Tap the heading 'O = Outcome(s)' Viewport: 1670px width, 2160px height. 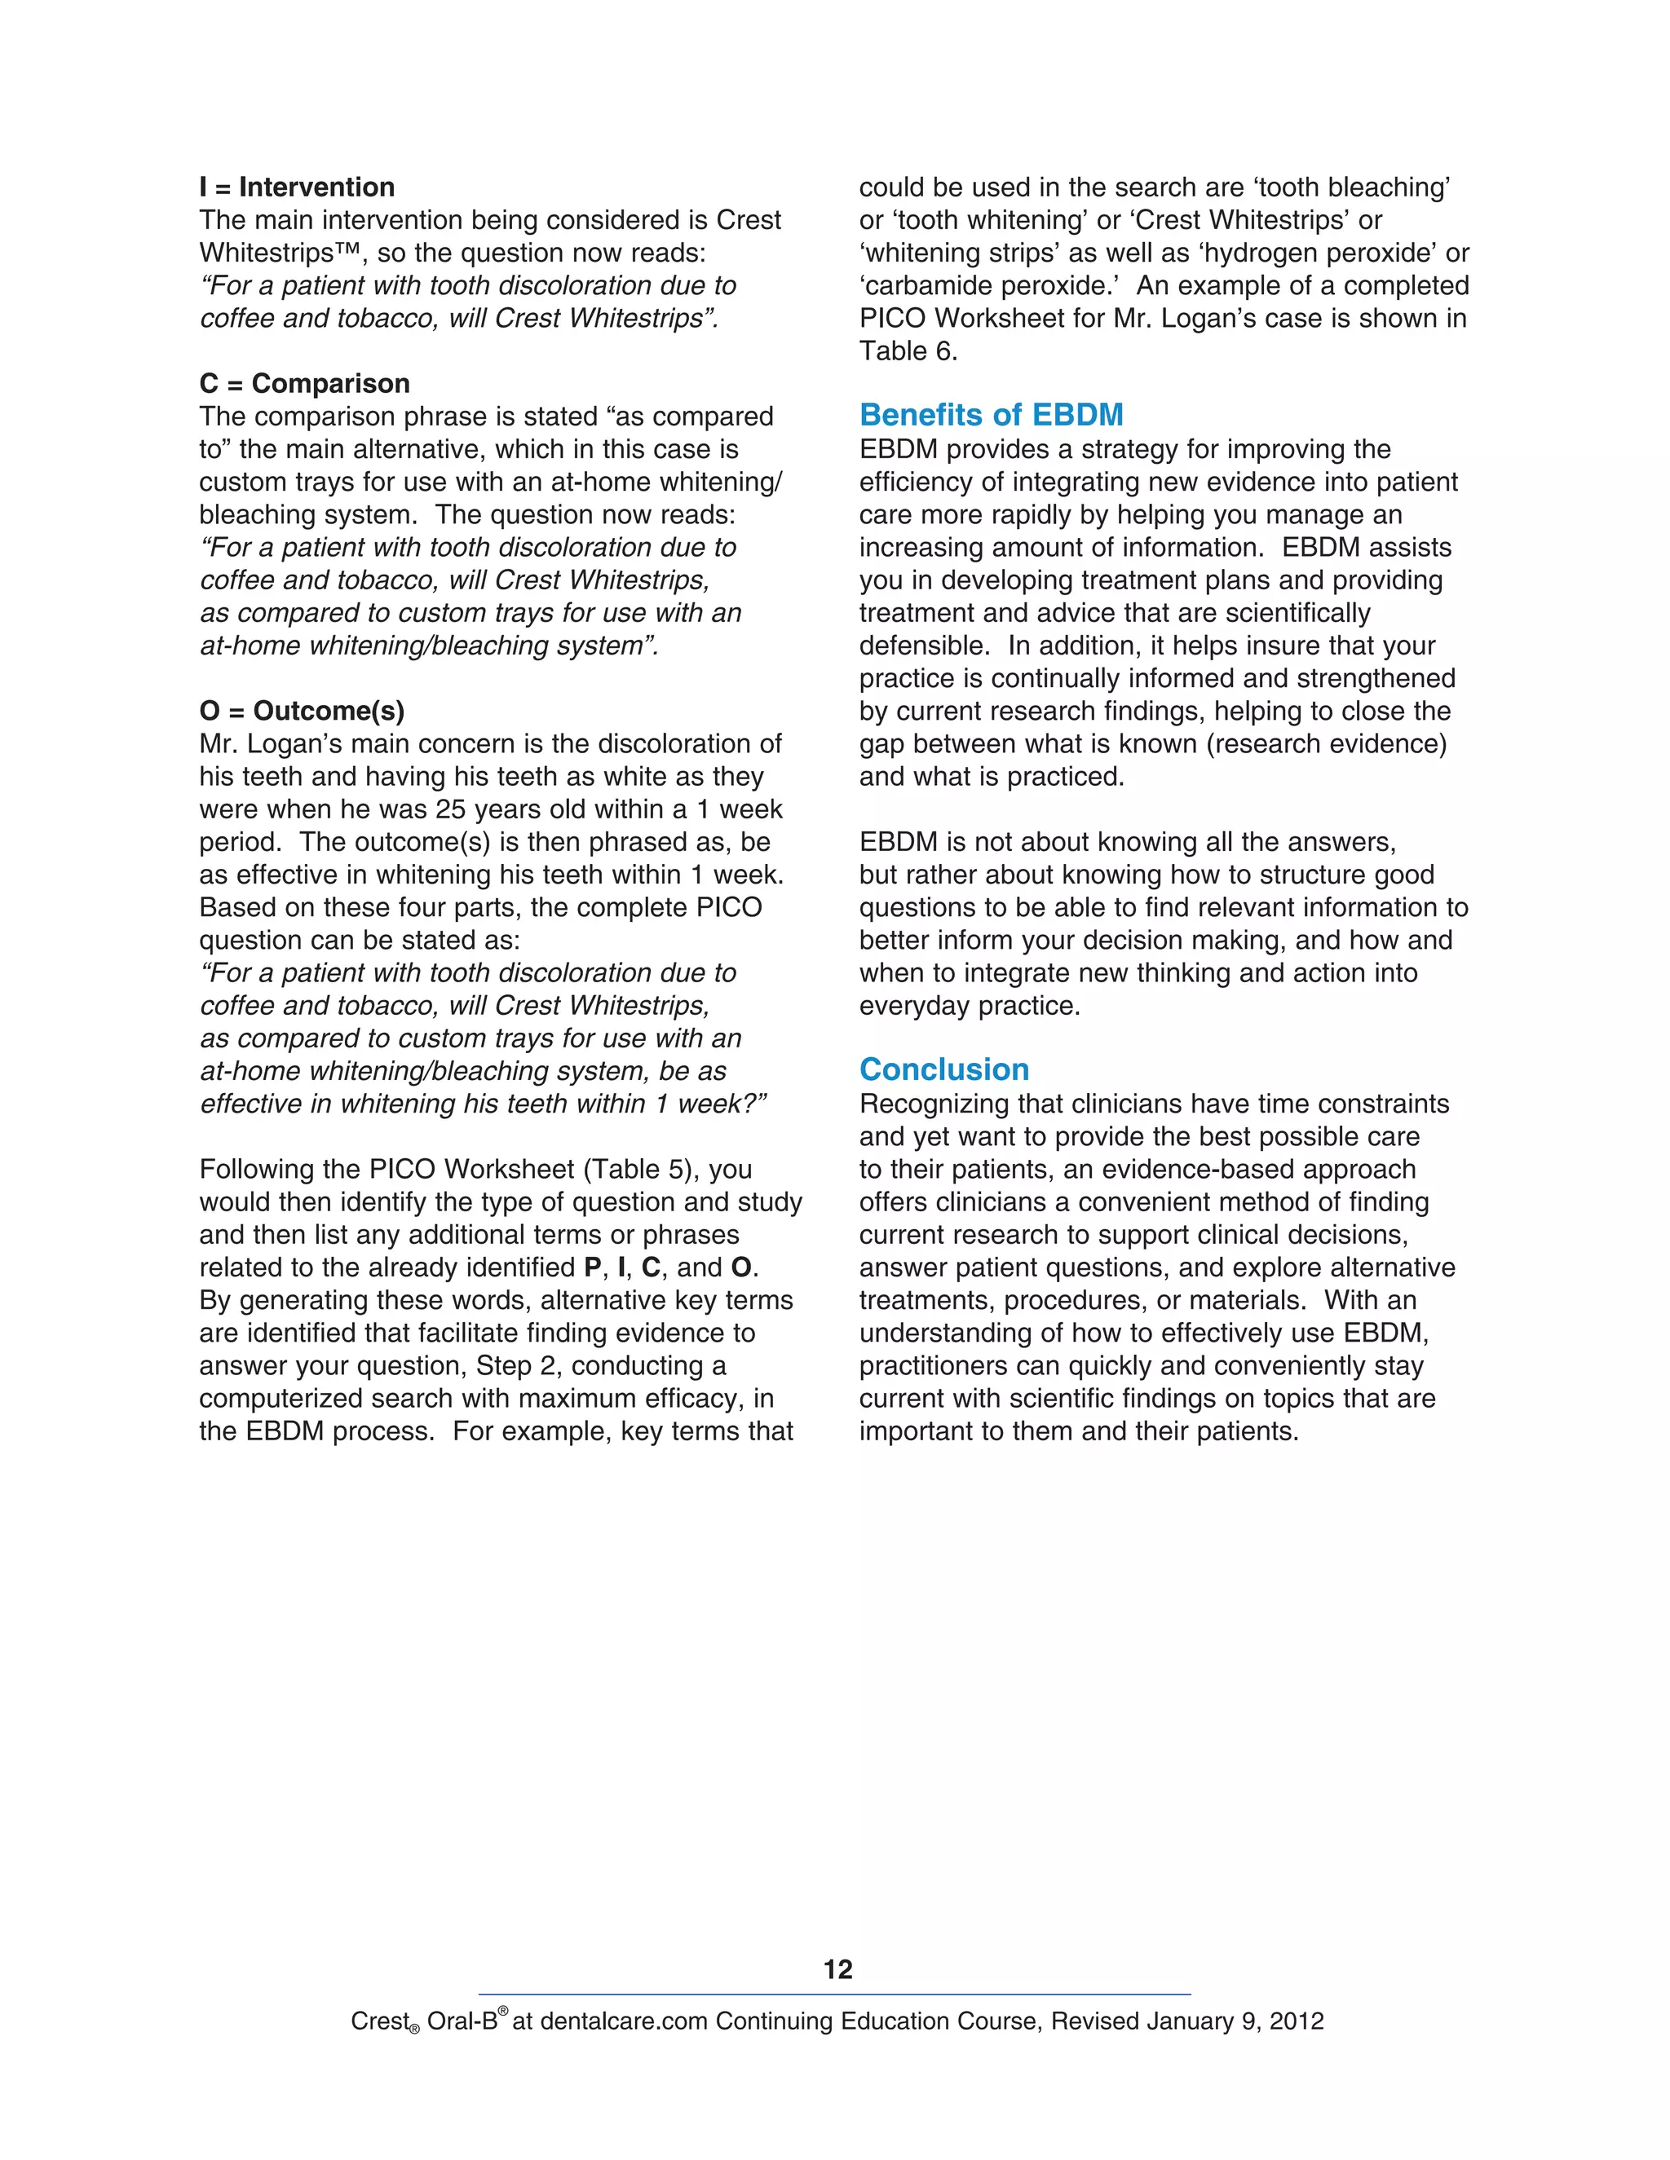[x=302, y=710]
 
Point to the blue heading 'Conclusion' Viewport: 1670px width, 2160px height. [x=943, y=1069]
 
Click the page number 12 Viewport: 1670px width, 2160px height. [x=837, y=1969]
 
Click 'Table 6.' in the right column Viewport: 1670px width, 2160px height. [x=908, y=351]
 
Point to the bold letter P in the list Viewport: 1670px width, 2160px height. [x=593, y=1268]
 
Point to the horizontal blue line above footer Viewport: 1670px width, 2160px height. [x=834, y=1994]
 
